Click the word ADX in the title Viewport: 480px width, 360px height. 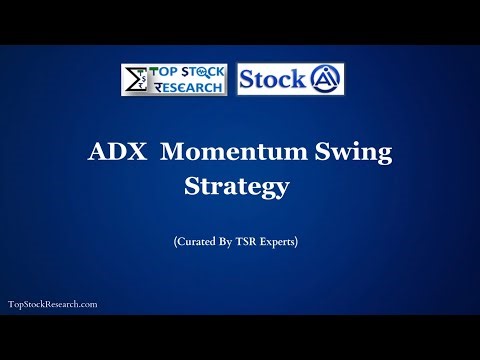click(x=112, y=154)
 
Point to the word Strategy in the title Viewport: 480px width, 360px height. click(x=240, y=187)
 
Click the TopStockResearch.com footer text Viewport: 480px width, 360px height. click(x=52, y=303)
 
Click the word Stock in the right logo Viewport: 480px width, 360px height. click(x=272, y=79)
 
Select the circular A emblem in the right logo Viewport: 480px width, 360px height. click(x=324, y=79)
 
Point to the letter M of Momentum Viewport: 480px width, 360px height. click(x=173, y=154)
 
